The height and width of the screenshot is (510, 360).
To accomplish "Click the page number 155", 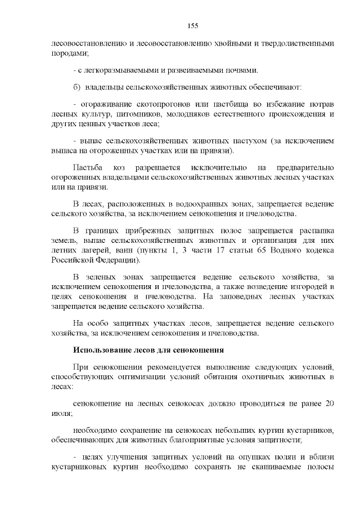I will point(192,26).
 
